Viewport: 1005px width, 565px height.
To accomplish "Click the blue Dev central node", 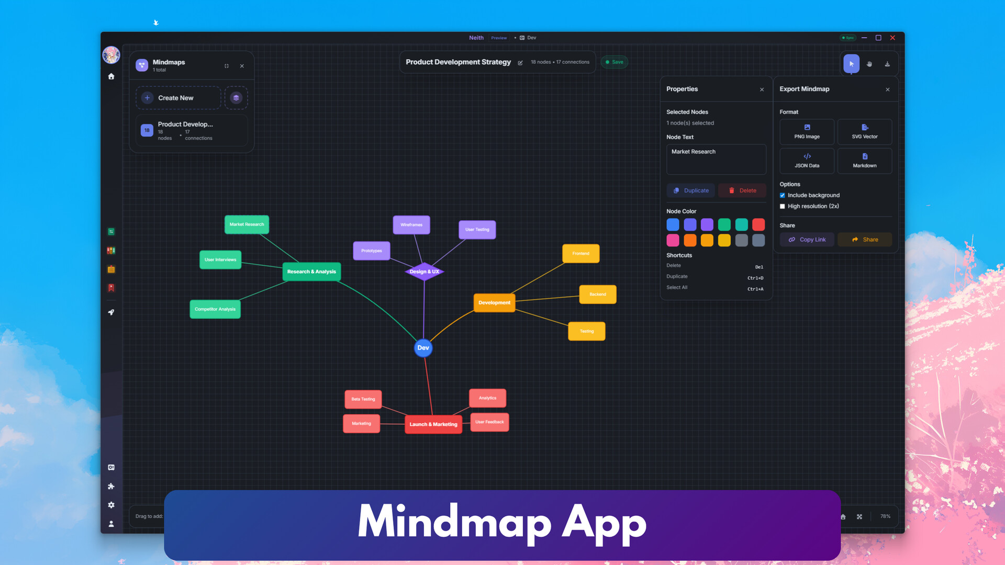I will tap(423, 348).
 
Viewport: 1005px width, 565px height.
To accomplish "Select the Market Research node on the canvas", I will tap(247, 224).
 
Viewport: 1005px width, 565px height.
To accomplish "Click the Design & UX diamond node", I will tap(424, 272).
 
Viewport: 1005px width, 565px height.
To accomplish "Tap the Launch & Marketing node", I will tap(433, 424).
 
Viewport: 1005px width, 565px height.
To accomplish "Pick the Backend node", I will tap(597, 295).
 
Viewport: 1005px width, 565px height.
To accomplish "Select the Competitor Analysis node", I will tap(215, 309).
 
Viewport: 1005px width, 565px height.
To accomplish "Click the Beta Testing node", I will tap(363, 399).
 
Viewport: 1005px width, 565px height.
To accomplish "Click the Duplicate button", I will tap(690, 190).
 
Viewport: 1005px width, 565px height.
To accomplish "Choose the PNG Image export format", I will tap(807, 132).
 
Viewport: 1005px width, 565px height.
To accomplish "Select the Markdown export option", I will tap(864, 161).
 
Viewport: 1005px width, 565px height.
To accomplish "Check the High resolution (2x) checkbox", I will tap(783, 207).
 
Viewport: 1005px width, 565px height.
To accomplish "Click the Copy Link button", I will tap(807, 240).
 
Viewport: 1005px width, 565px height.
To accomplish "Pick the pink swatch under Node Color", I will tap(673, 240).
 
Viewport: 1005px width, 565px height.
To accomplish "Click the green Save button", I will tap(614, 62).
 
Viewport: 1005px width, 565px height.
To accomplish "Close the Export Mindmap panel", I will tap(887, 89).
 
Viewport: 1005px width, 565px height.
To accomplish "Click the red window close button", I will tap(892, 38).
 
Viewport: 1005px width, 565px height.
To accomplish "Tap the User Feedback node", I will tap(489, 422).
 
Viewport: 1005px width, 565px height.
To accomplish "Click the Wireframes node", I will tap(411, 225).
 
